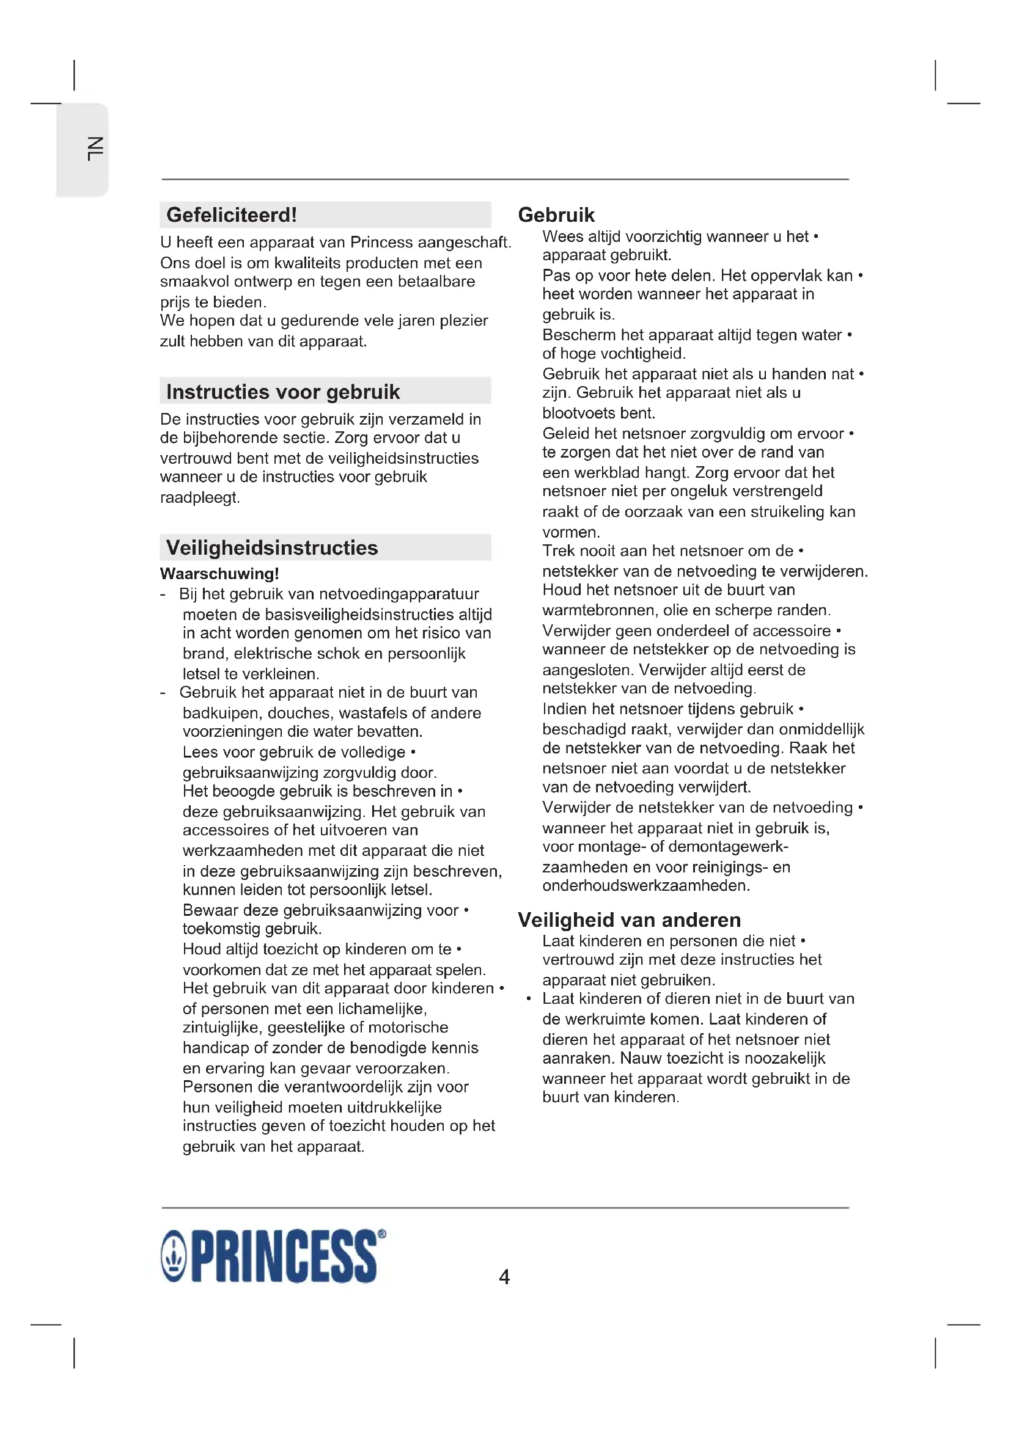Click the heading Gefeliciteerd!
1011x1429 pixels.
click(x=232, y=215)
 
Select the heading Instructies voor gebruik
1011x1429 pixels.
click(x=282, y=392)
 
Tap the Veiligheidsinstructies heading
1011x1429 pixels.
click(x=272, y=547)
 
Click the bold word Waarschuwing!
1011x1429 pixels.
click(x=219, y=573)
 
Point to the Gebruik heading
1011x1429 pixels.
click(x=556, y=215)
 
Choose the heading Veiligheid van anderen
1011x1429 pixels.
click(x=630, y=920)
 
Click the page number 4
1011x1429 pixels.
click(x=504, y=1277)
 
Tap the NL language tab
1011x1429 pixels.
click(x=95, y=149)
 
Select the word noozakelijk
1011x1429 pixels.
click(x=785, y=1058)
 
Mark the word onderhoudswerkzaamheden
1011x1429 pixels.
click(x=645, y=886)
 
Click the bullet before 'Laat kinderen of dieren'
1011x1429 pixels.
click(x=529, y=999)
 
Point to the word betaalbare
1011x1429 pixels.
click(x=436, y=281)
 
